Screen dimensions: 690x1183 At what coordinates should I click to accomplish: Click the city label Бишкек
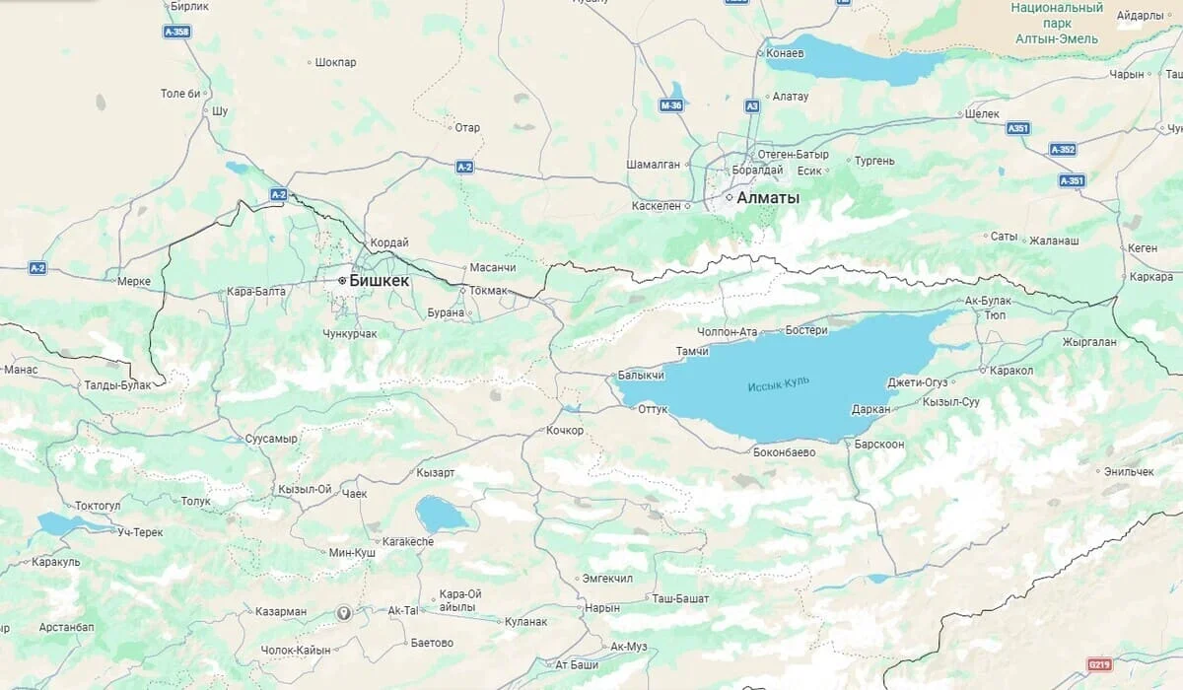[x=379, y=281]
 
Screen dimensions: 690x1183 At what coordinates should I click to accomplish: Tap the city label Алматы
[x=768, y=198]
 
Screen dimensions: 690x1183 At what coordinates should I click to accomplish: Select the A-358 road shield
[x=176, y=32]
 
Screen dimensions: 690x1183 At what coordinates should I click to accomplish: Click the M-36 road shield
[x=671, y=104]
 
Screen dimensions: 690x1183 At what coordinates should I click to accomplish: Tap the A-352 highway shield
[x=1063, y=150]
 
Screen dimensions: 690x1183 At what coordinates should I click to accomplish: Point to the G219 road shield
[x=1099, y=664]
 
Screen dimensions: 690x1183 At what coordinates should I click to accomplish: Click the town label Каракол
[x=1011, y=371]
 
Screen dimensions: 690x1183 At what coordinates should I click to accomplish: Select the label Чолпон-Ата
[x=727, y=332]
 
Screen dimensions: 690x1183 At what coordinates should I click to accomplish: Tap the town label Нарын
[x=602, y=608]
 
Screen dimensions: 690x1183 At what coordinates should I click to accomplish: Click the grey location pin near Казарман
[x=344, y=612]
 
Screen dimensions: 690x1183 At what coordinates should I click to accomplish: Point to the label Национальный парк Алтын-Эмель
[x=1057, y=23]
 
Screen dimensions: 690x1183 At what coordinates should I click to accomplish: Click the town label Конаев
[x=786, y=53]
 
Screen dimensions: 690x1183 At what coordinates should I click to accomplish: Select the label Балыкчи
[x=641, y=376]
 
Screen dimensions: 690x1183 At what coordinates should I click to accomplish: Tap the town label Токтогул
[x=98, y=505]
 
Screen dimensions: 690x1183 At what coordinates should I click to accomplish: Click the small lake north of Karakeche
[x=441, y=514]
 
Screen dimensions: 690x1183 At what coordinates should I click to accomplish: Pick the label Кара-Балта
[x=255, y=292]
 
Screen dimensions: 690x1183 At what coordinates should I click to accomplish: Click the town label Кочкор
[x=566, y=431]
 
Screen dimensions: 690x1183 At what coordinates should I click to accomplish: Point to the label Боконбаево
[x=784, y=452]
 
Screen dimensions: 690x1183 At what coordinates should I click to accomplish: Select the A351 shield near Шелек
[x=1018, y=128]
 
